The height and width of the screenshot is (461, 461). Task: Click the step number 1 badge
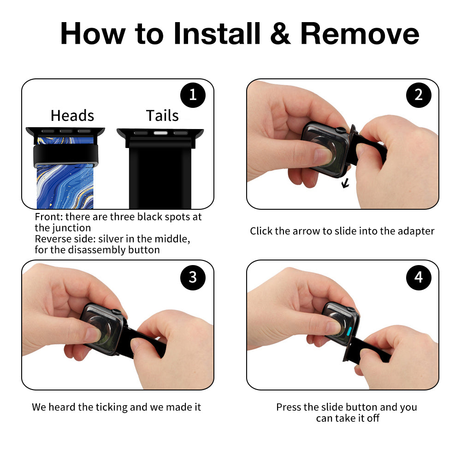(x=193, y=95)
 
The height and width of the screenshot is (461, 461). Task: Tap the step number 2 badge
(x=419, y=95)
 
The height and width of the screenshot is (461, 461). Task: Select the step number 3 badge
(x=193, y=278)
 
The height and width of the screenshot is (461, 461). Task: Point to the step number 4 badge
(x=419, y=278)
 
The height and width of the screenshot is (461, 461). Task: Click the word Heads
(x=72, y=116)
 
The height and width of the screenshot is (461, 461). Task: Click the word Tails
(x=162, y=116)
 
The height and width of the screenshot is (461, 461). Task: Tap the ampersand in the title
(x=280, y=34)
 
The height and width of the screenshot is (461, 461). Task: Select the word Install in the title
(x=217, y=34)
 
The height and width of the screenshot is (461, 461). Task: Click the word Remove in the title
(x=359, y=34)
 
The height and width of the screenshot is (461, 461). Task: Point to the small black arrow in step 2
(x=345, y=184)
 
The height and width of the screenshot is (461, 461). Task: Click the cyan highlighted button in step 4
(x=349, y=331)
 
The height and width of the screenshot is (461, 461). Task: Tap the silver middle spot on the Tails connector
(x=160, y=133)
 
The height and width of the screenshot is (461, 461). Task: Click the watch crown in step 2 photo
(x=341, y=130)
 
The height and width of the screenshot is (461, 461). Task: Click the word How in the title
(x=93, y=34)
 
